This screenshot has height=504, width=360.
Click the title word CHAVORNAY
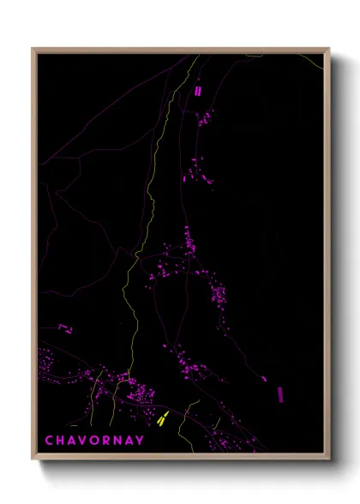tap(94, 441)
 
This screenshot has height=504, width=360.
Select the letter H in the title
tap(61, 441)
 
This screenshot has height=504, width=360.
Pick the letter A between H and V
tap(72, 441)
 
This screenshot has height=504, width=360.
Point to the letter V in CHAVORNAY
tap(83, 441)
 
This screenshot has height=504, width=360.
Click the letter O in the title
tap(95, 441)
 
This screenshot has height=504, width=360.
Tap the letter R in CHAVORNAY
tap(106, 441)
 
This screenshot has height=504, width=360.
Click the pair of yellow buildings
tap(161, 418)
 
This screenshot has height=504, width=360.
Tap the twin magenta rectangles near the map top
tap(198, 90)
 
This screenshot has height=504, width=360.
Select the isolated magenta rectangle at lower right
tap(280, 393)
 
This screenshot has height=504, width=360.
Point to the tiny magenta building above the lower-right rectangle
tap(264, 378)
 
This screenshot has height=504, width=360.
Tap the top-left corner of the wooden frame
tap(33, 50)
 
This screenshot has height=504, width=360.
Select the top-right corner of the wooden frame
tap(328, 50)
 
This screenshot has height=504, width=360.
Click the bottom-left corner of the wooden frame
tap(33, 459)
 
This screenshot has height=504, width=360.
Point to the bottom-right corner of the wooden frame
tap(328, 459)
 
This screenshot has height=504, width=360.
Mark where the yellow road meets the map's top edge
tap(199, 56)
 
